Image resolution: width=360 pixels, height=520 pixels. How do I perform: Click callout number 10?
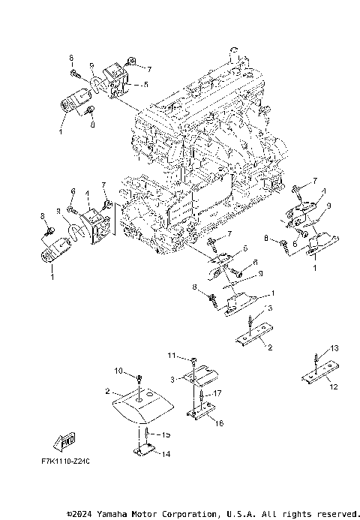(x=118, y=371)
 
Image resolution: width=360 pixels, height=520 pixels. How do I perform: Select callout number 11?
(x=171, y=355)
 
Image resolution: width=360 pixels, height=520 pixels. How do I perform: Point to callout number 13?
(x=335, y=348)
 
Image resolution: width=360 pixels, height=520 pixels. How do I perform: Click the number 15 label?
(x=166, y=434)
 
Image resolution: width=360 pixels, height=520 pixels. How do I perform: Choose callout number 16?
(x=218, y=422)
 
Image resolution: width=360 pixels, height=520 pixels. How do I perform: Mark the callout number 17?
(x=218, y=393)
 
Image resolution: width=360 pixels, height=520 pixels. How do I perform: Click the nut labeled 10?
(x=139, y=376)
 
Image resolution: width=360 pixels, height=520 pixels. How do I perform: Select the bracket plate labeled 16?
(x=201, y=411)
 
